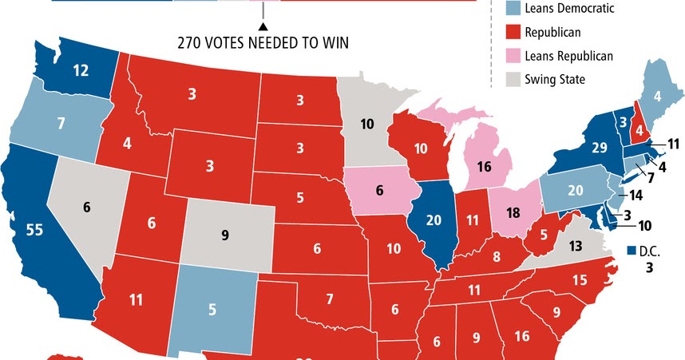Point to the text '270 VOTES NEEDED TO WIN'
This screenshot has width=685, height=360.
point(263,42)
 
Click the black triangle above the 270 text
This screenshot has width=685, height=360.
point(261,27)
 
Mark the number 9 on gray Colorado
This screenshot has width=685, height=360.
point(224,235)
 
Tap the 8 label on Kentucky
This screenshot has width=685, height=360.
point(496,257)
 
